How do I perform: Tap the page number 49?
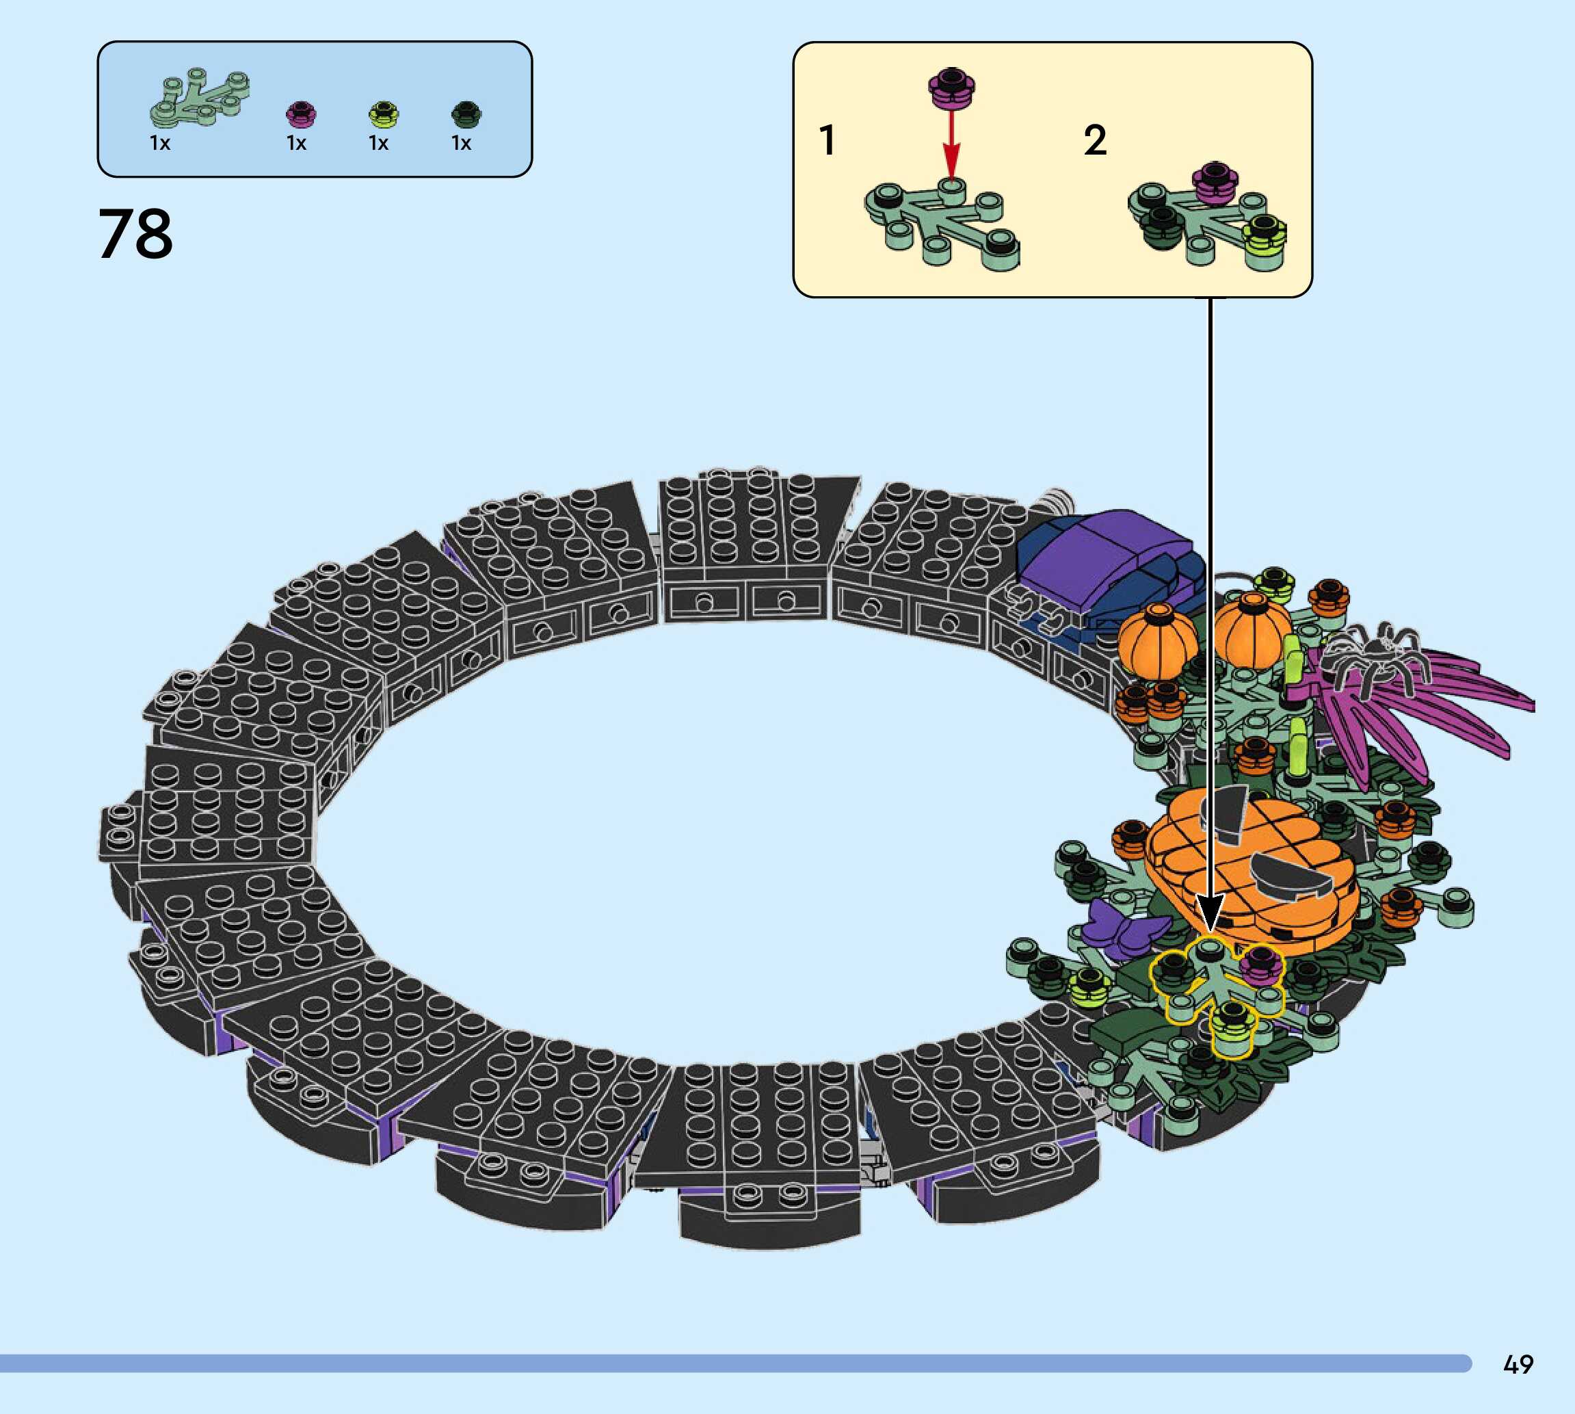point(1518,1363)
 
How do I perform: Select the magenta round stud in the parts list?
point(300,115)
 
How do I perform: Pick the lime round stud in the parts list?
point(384,115)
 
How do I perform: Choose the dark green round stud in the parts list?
point(466,115)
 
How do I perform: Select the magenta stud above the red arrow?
point(952,87)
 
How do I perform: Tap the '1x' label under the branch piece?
point(160,143)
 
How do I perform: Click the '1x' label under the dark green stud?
point(462,143)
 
